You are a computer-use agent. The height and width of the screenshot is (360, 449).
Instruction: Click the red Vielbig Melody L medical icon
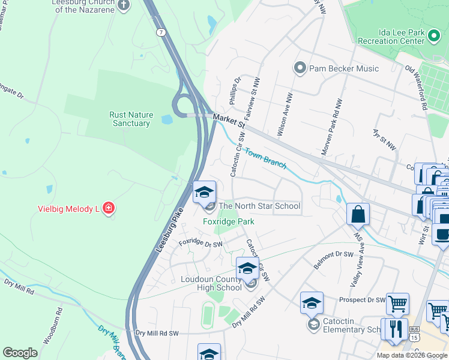point(109,209)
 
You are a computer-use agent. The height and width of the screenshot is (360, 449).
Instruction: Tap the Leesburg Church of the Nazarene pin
point(124,6)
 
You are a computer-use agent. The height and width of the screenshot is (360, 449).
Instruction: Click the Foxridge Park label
point(228,221)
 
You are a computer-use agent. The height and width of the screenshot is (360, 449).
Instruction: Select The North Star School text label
point(259,206)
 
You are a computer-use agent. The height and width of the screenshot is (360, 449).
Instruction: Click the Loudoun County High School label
point(211,283)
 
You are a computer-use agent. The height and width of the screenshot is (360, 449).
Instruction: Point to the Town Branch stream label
point(265,157)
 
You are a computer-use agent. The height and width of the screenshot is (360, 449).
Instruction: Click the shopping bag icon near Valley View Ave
point(358,214)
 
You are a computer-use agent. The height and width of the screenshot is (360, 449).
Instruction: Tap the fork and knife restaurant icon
point(394,329)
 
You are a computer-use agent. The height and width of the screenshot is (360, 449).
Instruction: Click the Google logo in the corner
point(20,353)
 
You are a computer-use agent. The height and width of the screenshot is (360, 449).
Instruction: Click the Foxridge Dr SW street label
point(200,244)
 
